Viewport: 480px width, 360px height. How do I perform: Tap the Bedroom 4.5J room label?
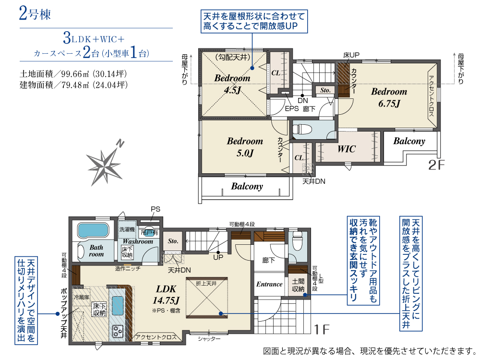click(232, 84)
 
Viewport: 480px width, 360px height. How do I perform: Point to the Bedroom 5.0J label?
click(245, 147)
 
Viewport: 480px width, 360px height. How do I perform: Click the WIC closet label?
click(346, 149)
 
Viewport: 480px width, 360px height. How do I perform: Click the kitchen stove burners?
click(118, 331)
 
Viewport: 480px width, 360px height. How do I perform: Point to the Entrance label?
click(269, 284)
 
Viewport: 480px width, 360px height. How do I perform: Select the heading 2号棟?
click(35, 13)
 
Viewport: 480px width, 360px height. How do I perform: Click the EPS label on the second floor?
click(292, 108)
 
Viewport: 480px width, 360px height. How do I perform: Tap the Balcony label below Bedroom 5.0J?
click(247, 186)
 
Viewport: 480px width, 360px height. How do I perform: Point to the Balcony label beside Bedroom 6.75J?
click(409, 141)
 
